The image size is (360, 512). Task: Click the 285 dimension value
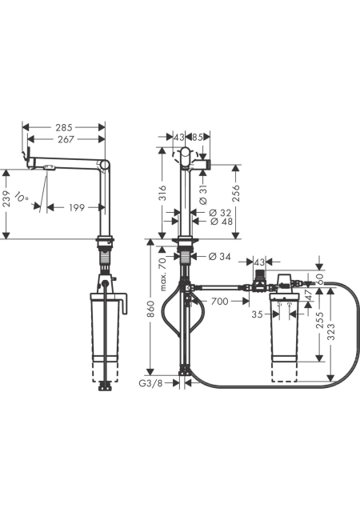click(x=64, y=127)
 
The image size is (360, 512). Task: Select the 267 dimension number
click(x=66, y=139)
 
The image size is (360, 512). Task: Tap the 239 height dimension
click(x=6, y=199)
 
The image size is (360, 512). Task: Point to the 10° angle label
click(x=22, y=197)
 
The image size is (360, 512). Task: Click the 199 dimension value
click(x=77, y=207)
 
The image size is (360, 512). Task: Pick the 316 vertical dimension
click(x=162, y=193)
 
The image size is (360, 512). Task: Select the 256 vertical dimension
click(x=235, y=193)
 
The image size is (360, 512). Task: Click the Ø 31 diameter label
click(x=203, y=195)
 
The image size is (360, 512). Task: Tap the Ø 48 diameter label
click(x=221, y=221)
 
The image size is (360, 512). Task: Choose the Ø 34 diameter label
click(x=219, y=257)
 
